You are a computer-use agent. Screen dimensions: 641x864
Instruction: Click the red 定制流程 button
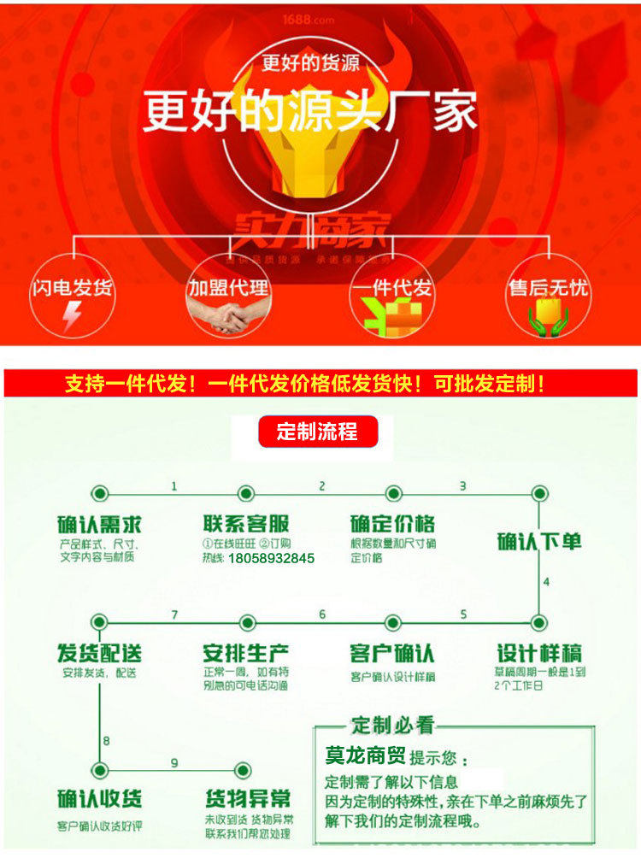pos(317,432)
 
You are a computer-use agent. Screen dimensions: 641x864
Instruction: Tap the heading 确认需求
pos(99,523)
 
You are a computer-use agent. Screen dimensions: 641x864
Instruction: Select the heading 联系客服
pos(246,523)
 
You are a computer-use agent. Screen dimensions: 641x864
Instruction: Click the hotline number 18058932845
pos(271,559)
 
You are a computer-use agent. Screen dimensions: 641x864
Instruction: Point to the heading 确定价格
pos(392,523)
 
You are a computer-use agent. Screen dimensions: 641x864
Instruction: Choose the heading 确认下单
pos(539,541)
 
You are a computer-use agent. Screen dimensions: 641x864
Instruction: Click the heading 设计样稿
pos(539,654)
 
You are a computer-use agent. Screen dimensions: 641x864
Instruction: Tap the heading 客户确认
pos(392,654)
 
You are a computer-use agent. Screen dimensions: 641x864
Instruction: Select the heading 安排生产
pos(246,654)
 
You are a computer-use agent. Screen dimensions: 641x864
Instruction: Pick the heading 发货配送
pos(99,654)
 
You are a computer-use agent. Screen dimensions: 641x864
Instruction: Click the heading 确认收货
pos(99,800)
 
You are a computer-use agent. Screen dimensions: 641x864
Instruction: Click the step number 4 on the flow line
pos(547,583)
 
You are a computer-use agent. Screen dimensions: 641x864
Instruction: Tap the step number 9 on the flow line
pos(174,762)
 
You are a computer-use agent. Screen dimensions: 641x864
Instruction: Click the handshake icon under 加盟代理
pos(228,318)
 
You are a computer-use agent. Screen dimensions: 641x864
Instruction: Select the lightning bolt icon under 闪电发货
pos(74,318)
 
